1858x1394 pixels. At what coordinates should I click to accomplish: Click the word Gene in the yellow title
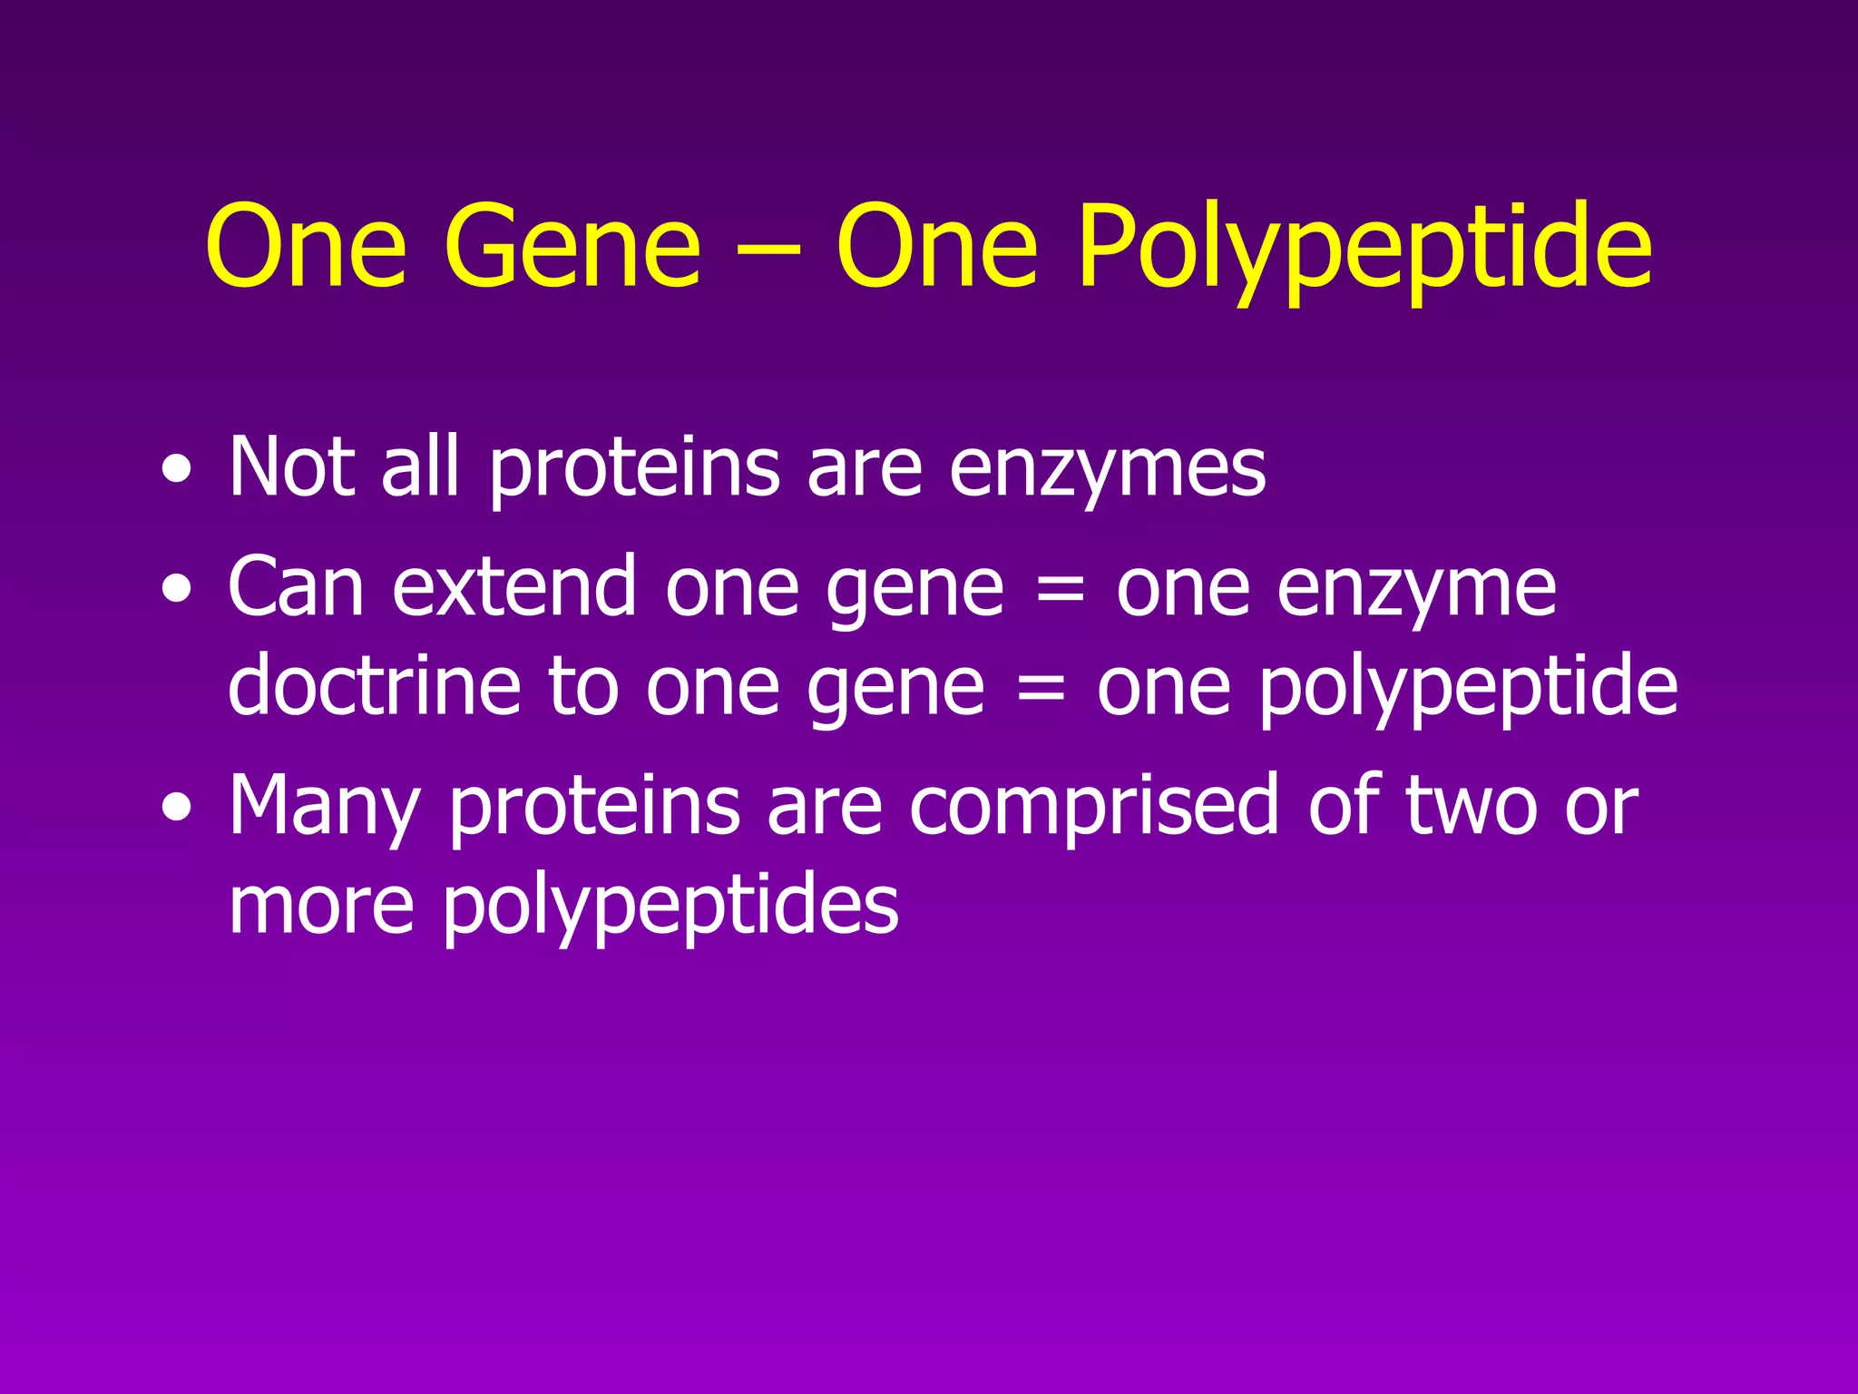[x=572, y=247]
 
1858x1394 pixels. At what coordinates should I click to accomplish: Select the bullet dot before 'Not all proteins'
[x=177, y=472]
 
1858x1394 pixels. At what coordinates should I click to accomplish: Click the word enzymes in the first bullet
[x=1108, y=468]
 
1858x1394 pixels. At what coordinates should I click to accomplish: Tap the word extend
[x=514, y=587]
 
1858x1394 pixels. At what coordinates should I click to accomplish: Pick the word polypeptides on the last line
[x=671, y=906]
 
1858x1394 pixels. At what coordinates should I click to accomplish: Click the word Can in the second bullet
[x=296, y=587]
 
